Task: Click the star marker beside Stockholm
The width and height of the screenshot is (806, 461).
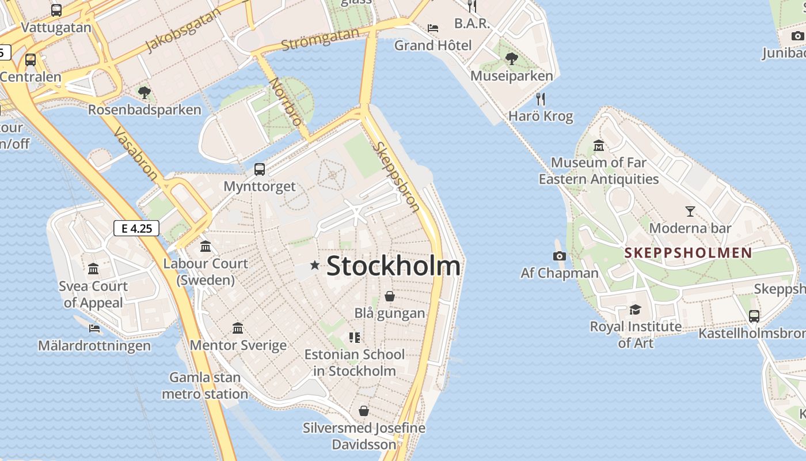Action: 314,265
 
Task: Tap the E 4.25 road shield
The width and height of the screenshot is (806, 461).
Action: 136,228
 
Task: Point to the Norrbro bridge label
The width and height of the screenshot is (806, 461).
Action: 285,101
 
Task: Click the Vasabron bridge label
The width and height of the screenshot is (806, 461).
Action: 136,154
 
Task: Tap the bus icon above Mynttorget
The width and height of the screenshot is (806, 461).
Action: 260,169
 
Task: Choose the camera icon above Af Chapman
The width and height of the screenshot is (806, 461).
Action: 559,256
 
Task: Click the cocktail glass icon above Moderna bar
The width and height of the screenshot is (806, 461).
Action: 690,211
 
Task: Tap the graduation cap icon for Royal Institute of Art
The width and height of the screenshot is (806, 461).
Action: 635,310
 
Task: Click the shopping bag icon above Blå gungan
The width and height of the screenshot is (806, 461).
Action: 390,296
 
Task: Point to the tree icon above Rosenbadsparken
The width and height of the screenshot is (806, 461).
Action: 145,92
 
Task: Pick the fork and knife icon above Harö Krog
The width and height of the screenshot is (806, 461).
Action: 540,99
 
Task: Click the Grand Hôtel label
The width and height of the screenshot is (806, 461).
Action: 432,45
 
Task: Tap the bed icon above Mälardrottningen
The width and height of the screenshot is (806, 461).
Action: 94,328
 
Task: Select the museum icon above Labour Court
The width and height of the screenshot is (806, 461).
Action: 205,247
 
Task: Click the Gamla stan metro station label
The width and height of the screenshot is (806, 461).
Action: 205,386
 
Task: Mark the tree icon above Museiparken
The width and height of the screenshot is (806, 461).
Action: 511,58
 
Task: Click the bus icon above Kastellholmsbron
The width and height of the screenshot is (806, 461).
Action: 754,316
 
